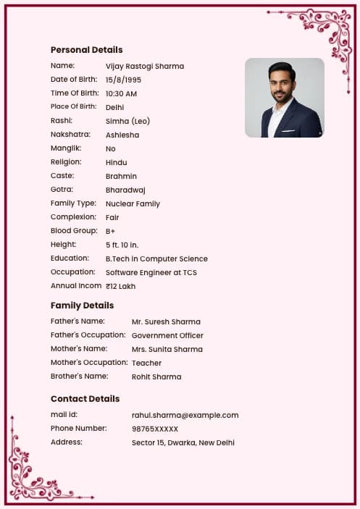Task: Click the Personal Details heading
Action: [x=86, y=50]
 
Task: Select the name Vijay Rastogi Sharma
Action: [x=144, y=66]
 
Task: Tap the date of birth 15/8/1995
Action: [x=123, y=80]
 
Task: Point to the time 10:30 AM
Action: [x=121, y=93]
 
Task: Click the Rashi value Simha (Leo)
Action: [x=127, y=121]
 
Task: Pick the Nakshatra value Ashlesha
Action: [x=122, y=135]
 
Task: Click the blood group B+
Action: [x=111, y=231]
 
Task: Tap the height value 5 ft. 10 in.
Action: [x=122, y=245]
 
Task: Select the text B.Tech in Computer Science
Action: [x=156, y=258]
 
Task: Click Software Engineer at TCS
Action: [x=151, y=272]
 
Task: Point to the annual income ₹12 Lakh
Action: [x=120, y=286]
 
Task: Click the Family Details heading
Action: [x=82, y=306]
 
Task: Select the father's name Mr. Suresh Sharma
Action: [x=166, y=321]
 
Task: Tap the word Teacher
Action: [x=146, y=363]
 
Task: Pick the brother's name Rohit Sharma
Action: [x=156, y=377]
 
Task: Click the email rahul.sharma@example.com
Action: [x=185, y=415]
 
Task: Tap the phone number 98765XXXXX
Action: [x=154, y=429]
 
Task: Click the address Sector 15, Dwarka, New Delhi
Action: [x=183, y=442]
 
